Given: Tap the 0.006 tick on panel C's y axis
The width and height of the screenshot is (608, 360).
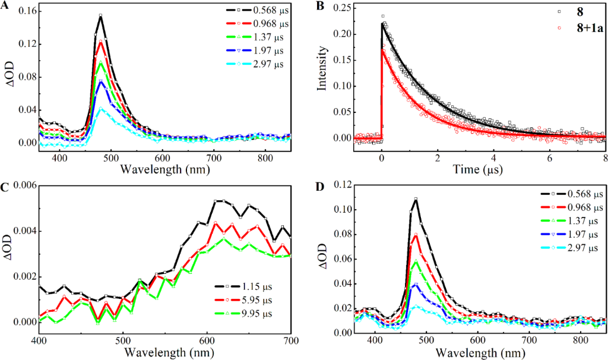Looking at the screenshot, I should tap(20, 186).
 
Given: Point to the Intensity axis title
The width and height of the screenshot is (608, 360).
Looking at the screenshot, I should tap(322, 74).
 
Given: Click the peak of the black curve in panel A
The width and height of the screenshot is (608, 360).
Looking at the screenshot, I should tap(100, 15).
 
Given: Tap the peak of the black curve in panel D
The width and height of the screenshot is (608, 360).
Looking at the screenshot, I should tap(416, 198).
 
